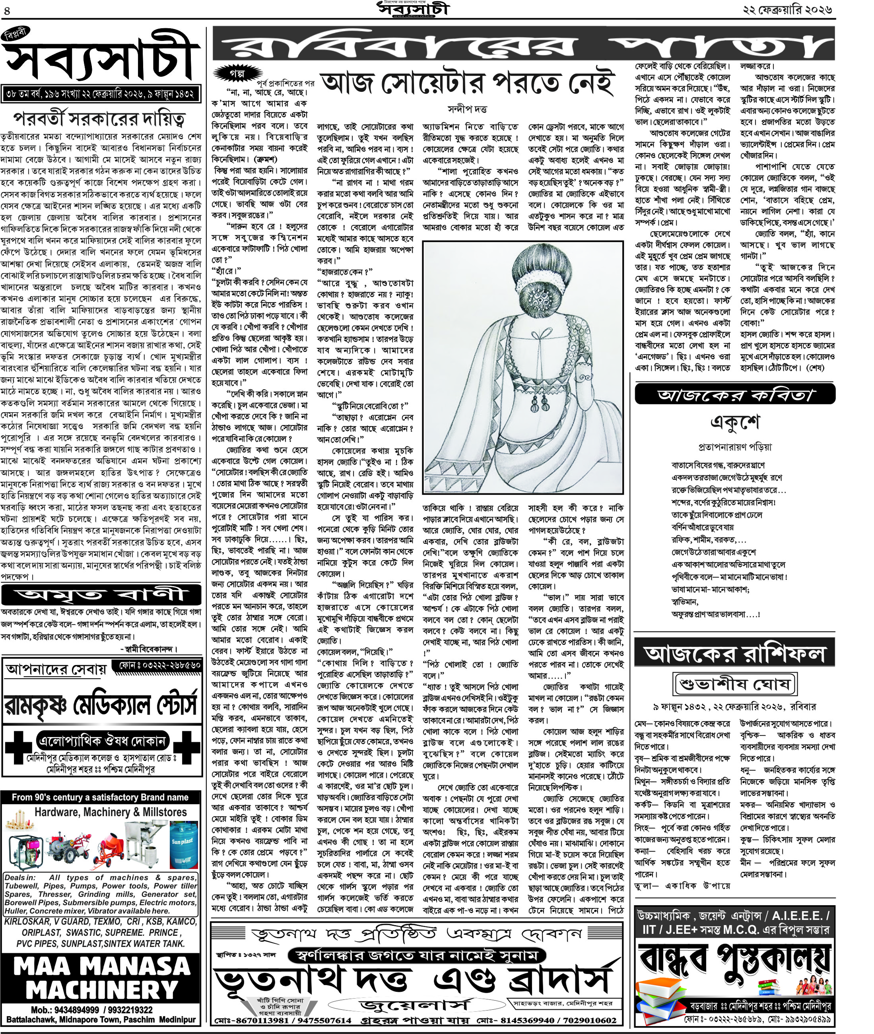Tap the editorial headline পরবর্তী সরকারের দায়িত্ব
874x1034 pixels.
99,119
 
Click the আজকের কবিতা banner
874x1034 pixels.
735,394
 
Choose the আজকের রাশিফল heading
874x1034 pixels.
735,655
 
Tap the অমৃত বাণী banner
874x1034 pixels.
101,594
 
